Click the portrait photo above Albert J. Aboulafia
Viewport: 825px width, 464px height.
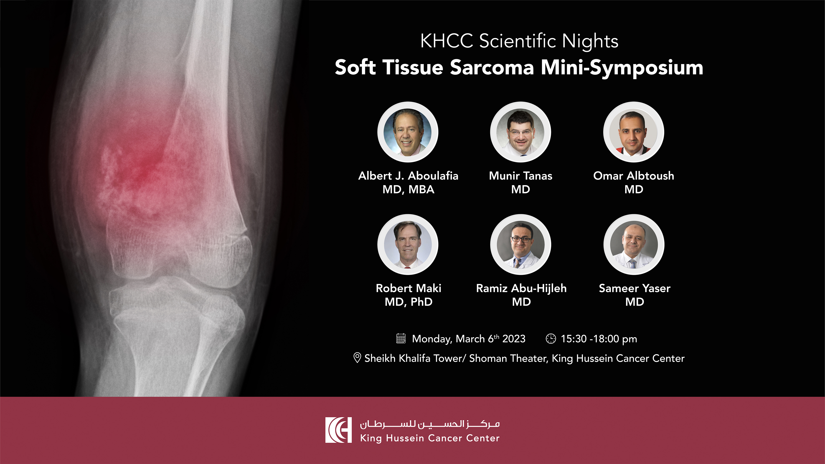[x=408, y=132]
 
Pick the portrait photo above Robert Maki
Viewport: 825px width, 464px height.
[x=408, y=244]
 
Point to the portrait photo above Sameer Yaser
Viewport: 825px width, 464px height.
[x=634, y=244]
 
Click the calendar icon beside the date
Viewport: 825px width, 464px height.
[x=401, y=338]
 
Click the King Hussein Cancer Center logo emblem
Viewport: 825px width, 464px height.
[x=338, y=430]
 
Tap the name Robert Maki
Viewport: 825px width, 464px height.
[x=408, y=288]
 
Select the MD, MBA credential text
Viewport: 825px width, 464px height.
[x=408, y=190]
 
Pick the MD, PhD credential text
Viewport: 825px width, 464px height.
[x=408, y=302]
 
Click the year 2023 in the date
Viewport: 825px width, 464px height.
[x=514, y=339]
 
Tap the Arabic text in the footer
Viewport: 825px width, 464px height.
[x=430, y=424]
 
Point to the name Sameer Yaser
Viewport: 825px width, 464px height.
[x=634, y=288]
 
